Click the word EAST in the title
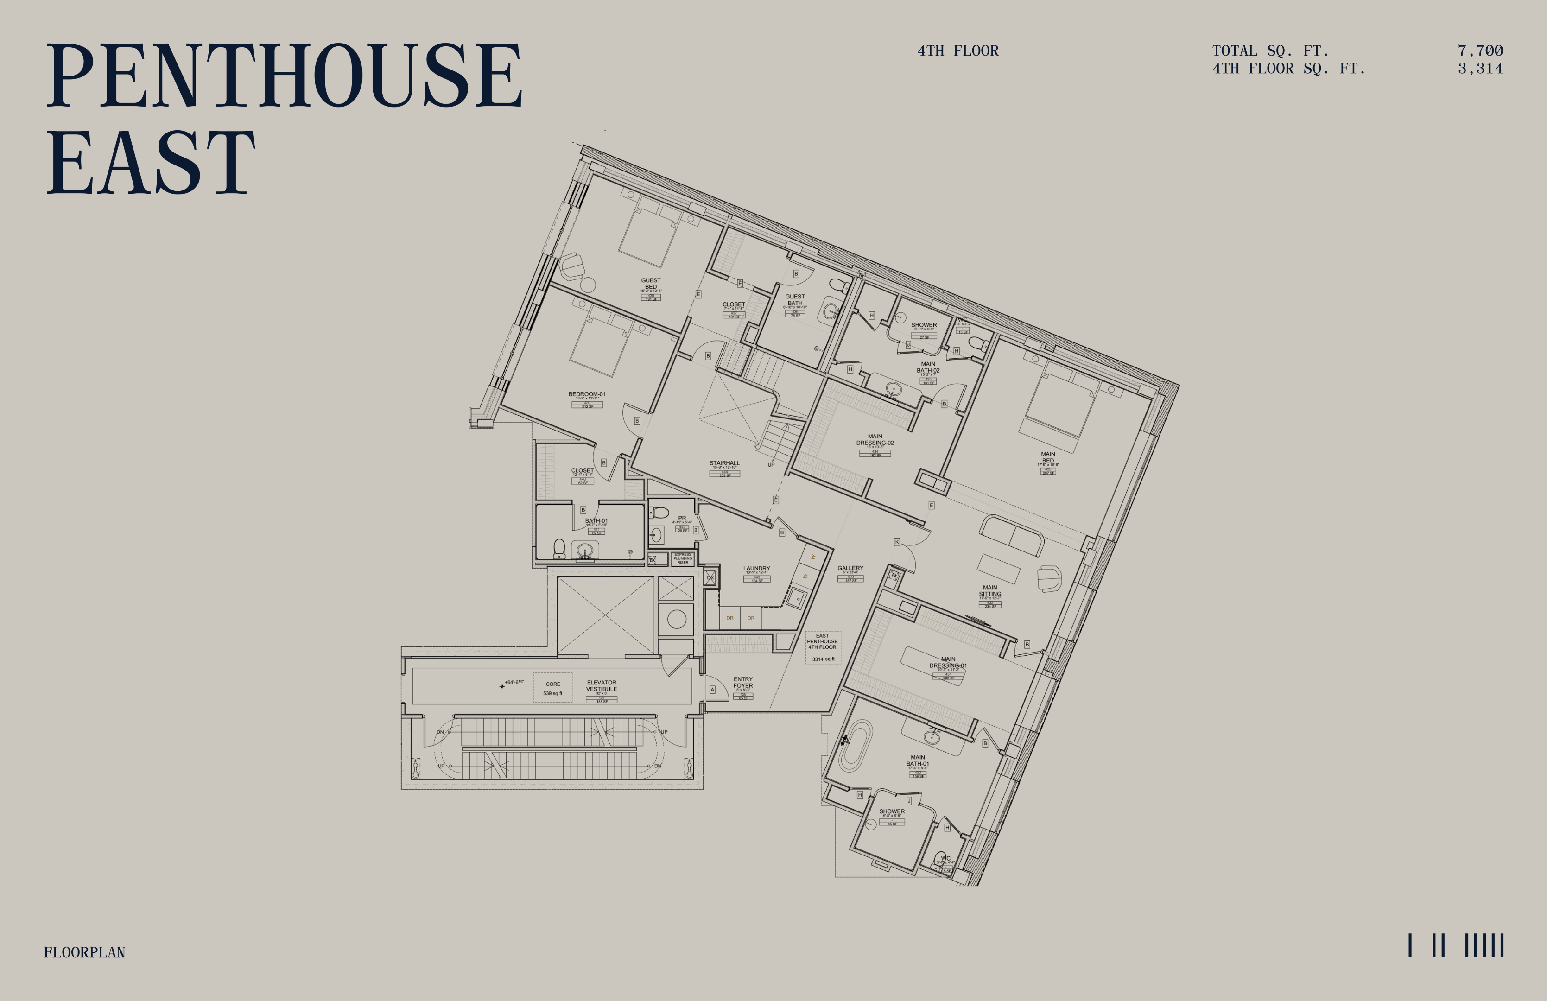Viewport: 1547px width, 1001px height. (x=151, y=163)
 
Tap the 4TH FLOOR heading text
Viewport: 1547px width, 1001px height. (x=957, y=51)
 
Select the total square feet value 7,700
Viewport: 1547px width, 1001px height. (x=1479, y=51)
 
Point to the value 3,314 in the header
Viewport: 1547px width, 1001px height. (x=1479, y=68)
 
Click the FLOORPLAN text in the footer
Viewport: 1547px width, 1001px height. (x=84, y=952)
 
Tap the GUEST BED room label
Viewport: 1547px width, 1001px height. (x=651, y=284)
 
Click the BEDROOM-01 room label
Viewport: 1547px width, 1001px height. (x=587, y=394)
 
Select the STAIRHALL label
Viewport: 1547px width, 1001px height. (x=724, y=463)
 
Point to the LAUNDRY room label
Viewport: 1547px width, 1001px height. (x=757, y=569)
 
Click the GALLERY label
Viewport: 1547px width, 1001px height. (x=850, y=568)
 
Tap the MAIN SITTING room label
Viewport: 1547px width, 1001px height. (x=990, y=591)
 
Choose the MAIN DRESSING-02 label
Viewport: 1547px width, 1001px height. (x=875, y=440)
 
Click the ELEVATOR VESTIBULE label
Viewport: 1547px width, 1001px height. (x=601, y=686)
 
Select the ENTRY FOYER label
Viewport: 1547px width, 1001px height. (x=743, y=683)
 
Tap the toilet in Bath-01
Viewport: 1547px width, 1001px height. (x=559, y=548)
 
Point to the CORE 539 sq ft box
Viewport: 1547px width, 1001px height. (x=552, y=688)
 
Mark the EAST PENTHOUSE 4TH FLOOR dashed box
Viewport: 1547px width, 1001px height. (x=823, y=647)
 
